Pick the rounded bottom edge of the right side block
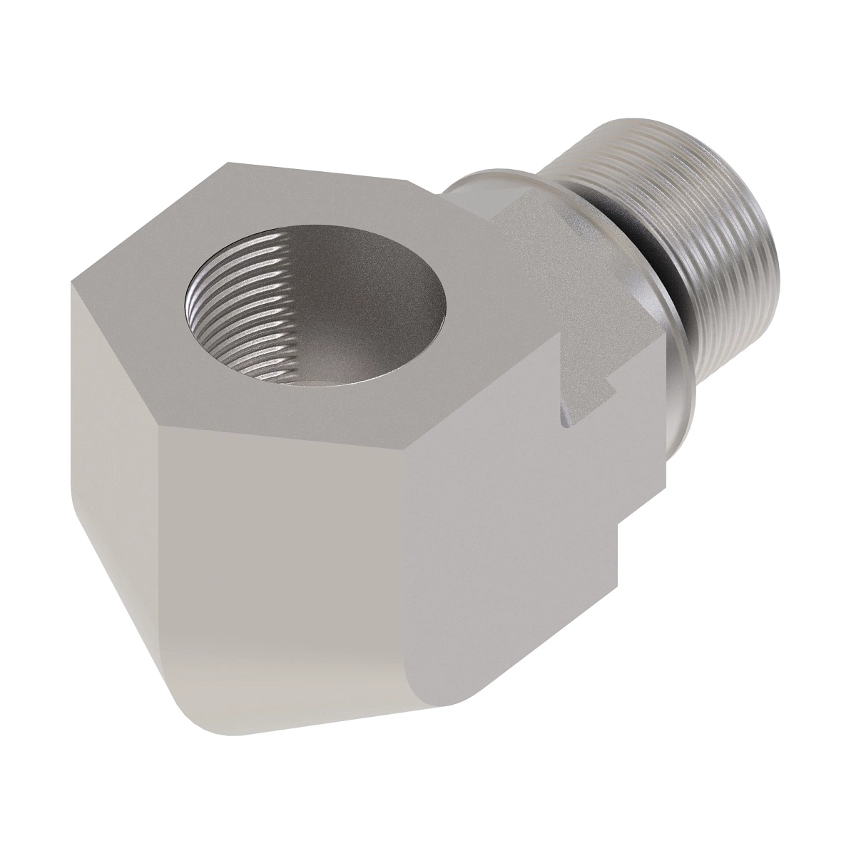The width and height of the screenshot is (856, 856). pyautogui.click(x=428, y=685)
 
